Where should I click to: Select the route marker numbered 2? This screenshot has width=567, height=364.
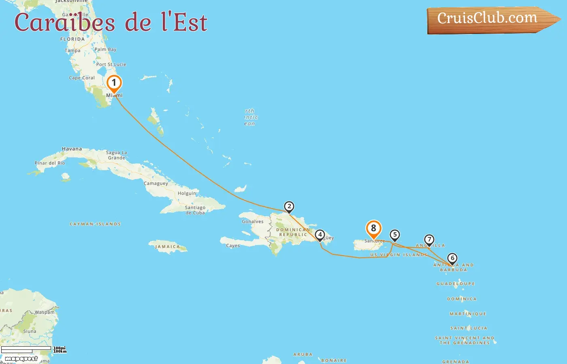click(289, 207)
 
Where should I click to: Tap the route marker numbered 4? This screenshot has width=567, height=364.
click(320, 235)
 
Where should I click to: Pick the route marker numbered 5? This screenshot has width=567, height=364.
click(394, 235)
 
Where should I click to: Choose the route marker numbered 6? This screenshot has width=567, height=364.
click(452, 258)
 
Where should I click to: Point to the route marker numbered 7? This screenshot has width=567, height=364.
click(429, 240)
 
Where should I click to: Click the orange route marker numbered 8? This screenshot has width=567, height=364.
click(373, 229)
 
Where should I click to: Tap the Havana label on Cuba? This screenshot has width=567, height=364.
click(72, 149)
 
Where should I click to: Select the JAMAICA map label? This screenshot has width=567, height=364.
click(167, 246)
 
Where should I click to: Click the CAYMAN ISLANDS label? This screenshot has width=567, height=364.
click(95, 224)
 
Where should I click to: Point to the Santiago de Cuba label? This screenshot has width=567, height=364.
click(195, 210)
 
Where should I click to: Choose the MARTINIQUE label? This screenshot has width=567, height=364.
click(468, 313)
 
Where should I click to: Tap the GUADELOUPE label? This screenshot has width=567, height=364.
click(456, 284)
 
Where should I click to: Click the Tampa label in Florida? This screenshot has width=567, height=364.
click(72, 51)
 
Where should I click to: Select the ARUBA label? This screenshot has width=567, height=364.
click(303, 354)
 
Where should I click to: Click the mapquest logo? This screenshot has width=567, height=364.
click(21, 358)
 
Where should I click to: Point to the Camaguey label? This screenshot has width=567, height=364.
click(156, 183)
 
